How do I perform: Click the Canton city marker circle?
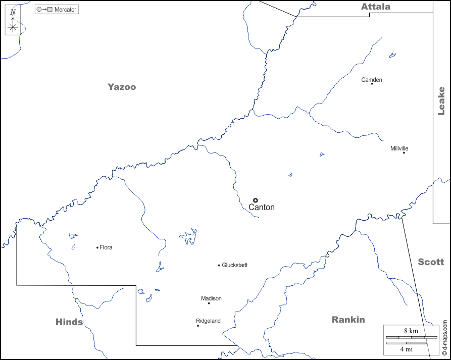point(256,200)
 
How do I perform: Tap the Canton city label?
point(262,208)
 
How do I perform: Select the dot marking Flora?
point(97,247)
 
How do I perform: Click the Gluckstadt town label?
point(235,265)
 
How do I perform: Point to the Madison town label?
point(211,298)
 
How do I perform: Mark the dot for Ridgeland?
point(198,326)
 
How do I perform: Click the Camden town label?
point(372,80)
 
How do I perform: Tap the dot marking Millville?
point(404,152)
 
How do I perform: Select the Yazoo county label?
point(122,87)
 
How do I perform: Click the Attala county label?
point(375,7)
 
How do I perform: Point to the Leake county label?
point(441,101)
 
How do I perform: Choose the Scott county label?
point(431,262)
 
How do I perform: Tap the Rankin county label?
point(348,320)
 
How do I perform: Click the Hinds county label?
point(69,322)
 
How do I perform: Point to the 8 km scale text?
point(411,331)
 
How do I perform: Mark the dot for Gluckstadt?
point(219,265)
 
